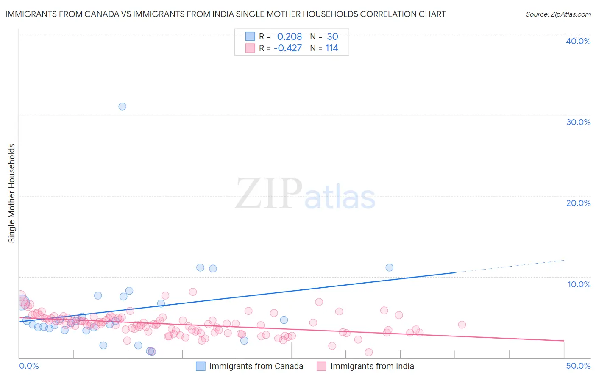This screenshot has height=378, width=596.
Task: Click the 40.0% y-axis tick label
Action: click(578, 41)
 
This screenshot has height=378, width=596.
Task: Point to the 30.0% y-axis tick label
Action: click(578, 122)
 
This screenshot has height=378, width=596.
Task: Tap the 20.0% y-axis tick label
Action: click(578, 203)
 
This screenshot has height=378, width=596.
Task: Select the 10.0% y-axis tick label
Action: click(579, 284)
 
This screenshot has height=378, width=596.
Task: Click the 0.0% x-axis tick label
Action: click(29, 366)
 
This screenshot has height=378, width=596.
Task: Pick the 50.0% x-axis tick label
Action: click(578, 366)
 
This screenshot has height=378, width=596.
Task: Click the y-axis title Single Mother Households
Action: click(12, 193)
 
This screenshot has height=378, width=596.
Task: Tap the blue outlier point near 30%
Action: click(123, 106)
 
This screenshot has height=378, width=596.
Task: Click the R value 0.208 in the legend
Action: click(290, 36)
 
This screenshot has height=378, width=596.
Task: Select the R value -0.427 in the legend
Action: click(288, 48)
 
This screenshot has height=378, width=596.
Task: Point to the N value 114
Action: click(331, 48)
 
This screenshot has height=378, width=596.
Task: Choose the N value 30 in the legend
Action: click(332, 36)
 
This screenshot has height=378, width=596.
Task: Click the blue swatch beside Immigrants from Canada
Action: click(201, 366)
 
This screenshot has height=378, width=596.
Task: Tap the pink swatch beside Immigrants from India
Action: click(322, 366)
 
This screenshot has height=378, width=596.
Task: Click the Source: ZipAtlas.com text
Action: click(558, 14)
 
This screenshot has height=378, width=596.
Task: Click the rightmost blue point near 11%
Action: click(390, 267)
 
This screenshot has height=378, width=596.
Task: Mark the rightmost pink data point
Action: click(462, 325)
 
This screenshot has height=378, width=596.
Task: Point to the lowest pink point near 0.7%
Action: click(369, 352)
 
